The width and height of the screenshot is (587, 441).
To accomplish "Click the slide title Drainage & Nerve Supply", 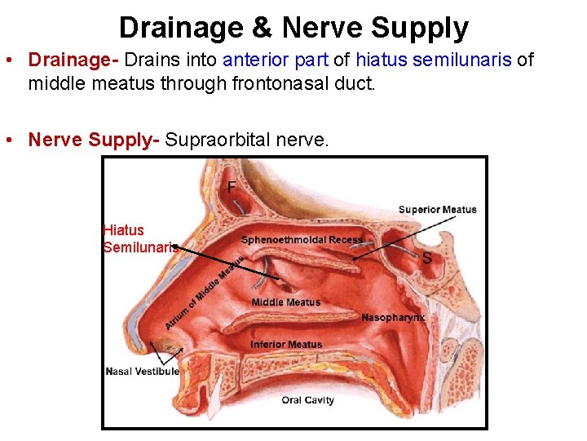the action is (x=293, y=28).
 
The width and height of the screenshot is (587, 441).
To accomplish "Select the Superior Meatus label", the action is (x=437, y=210).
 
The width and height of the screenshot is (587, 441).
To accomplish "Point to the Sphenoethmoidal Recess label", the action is (x=302, y=239).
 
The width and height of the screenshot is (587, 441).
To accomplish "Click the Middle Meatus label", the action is (x=285, y=302).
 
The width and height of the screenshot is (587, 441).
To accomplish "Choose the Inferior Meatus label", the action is (x=285, y=345).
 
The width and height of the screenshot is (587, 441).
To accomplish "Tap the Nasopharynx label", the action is (x=393, y=317).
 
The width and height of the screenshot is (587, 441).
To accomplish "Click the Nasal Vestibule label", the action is (x=142, y=372).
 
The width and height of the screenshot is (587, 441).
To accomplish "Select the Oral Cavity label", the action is (x=307, y=400).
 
